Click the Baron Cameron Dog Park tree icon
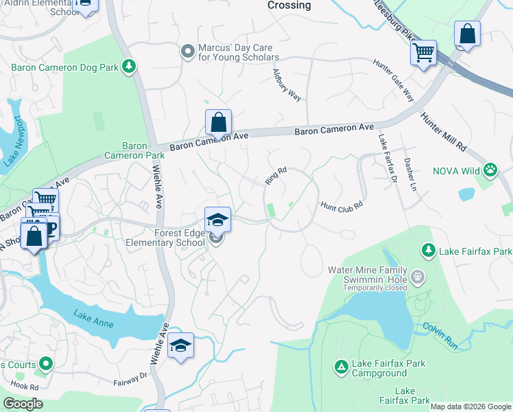point(128,66)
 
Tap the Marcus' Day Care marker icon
point(186,51)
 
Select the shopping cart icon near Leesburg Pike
point(423,52)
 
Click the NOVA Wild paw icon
point(490,169)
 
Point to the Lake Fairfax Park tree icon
point(429,249)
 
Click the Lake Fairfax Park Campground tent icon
point(341,367)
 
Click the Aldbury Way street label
point(287,85)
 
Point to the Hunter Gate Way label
point(394,81)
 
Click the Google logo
point(22,404)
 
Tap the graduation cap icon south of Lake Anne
point(180,345)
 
